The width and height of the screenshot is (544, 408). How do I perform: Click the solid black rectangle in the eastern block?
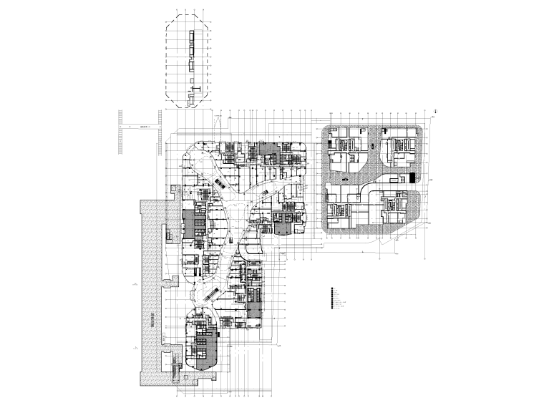click(412, 177)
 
